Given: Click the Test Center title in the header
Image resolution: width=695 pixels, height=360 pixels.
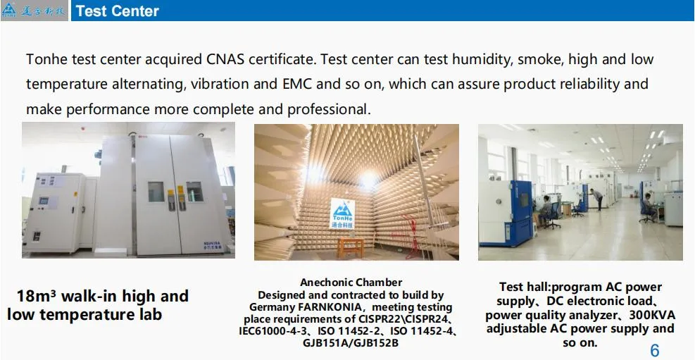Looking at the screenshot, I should tap(117, 11).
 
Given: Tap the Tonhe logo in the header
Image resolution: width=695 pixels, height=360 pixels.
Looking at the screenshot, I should tap(34, 11).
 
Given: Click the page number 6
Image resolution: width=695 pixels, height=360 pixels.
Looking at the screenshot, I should tap(654, 351).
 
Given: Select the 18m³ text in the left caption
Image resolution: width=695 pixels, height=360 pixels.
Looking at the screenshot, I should tap(39, 296).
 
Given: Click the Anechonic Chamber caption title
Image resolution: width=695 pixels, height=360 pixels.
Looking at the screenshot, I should tap(351, 283).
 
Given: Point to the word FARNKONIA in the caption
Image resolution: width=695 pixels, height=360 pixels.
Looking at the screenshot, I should tap(327, 307).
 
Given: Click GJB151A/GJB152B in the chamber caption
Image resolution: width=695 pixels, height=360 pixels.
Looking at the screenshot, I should tap(351, 343).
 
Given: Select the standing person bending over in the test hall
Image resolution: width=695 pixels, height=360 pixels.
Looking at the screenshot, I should tap(596, 198).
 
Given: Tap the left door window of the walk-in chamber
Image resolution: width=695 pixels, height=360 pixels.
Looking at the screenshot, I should tap(156, 191).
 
